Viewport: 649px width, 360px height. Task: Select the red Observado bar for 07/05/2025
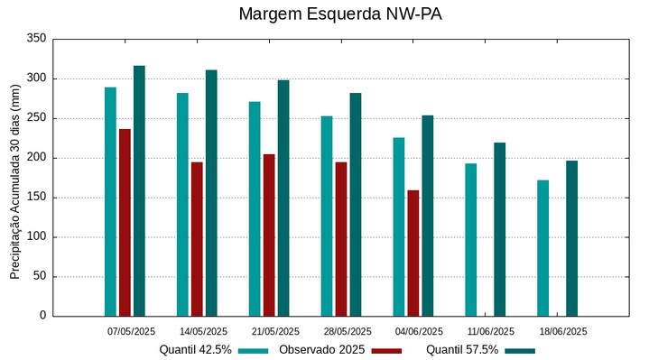125,222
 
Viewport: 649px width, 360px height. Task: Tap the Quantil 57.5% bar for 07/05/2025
139,190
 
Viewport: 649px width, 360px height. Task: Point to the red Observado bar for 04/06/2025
413,253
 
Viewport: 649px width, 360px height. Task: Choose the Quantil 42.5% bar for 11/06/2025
471,239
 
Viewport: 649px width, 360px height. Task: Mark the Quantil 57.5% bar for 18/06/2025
571,238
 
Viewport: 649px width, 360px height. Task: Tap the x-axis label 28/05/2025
348,331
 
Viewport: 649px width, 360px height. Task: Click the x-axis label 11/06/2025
492,331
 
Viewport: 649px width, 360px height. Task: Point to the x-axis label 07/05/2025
131,331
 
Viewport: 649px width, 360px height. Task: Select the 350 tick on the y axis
37,39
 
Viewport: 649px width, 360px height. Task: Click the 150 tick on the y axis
37,198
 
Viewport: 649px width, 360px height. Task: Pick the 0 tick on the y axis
42,316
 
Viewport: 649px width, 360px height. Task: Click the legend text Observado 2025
321,349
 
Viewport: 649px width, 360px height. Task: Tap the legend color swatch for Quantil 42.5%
254,350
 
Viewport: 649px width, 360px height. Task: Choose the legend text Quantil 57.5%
462,349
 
